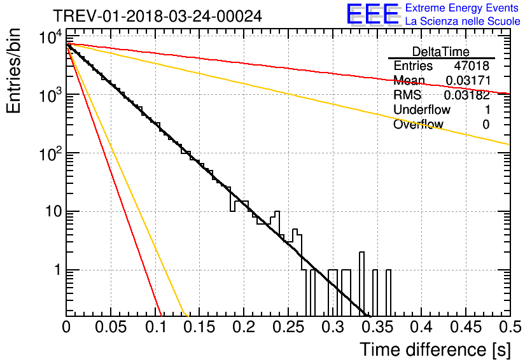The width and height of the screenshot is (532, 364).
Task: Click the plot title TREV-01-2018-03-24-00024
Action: (x=157, y=16)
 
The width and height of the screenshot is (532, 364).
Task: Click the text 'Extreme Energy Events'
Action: (x=462, y=8)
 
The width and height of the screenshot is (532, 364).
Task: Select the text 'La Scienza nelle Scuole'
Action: (x=463, y=21)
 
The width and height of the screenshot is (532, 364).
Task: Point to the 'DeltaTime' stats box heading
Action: (x=441, y=52)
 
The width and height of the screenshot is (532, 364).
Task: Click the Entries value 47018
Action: (x=472, y=66)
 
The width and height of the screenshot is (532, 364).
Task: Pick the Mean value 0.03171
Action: (x=467, y=80)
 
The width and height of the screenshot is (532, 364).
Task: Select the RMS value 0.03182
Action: (x=467, y=95)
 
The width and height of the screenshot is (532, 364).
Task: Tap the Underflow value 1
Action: (x=486, y=109)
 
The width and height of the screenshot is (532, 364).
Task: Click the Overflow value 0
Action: (x=486, y=124)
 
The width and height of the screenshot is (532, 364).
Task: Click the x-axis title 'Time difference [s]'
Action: (x=435, y=349)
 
